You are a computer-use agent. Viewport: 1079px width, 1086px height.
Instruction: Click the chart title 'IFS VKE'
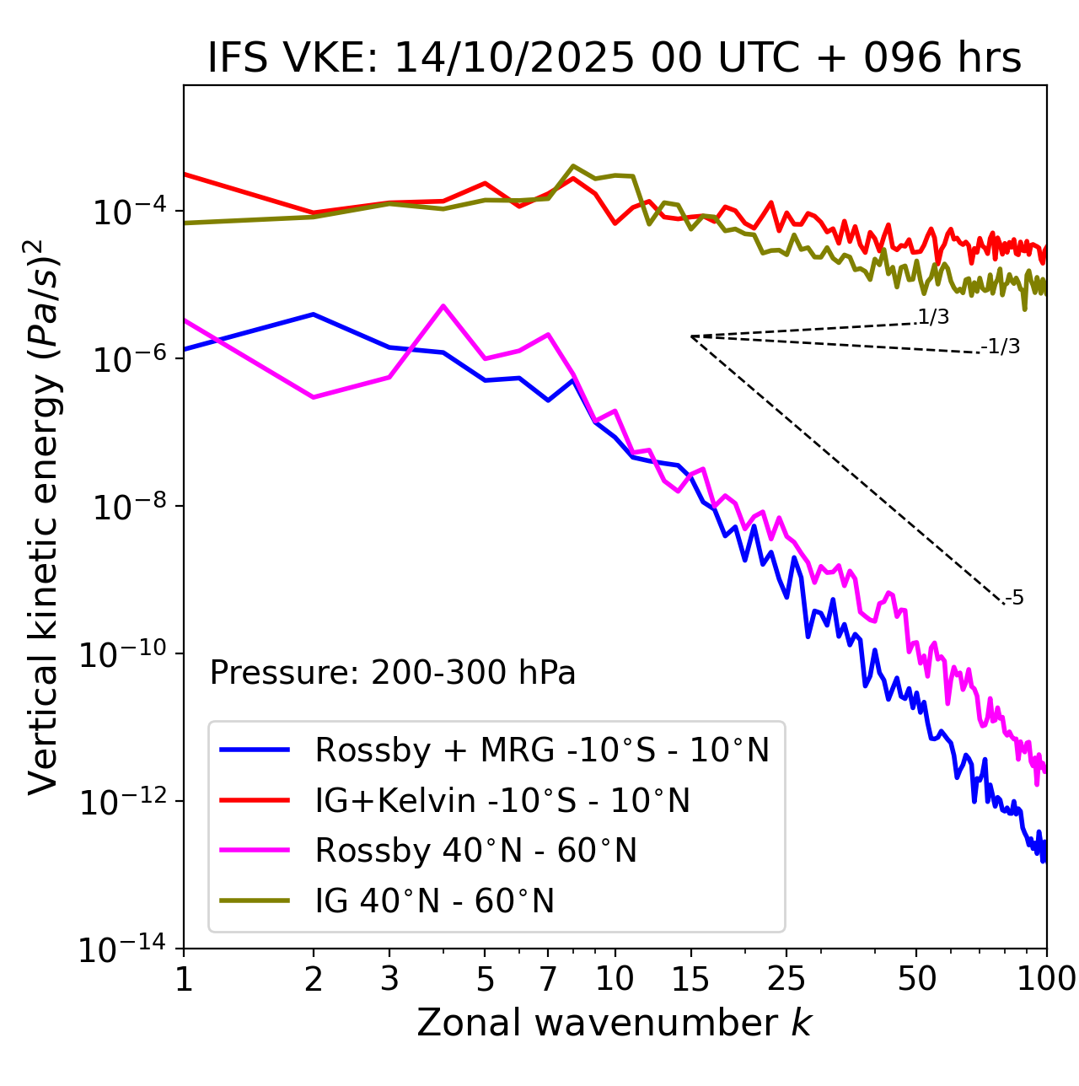pos(615,59)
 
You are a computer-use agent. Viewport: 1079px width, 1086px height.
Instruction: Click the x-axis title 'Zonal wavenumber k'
pos(614,1023)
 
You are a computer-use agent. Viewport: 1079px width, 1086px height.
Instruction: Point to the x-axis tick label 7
pos(548,979)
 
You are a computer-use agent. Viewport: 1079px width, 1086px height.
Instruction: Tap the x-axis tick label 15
pos(690,979)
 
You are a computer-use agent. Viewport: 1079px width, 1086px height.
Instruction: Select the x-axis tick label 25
pos(786,979)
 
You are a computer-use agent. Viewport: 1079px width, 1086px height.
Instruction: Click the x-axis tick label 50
pos(916,979)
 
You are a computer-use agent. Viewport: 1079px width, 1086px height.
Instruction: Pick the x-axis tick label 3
pos(389,979)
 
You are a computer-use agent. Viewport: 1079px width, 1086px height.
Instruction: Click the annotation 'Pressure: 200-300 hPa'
pos(393,673)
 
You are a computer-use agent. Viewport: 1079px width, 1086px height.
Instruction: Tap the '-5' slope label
pos(1014,599)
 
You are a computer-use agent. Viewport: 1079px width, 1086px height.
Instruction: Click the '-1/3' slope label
pos(1001,347)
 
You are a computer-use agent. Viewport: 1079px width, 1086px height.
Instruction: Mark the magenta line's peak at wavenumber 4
pos(443,306)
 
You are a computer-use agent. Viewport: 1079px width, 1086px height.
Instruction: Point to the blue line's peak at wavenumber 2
pos(314,315)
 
